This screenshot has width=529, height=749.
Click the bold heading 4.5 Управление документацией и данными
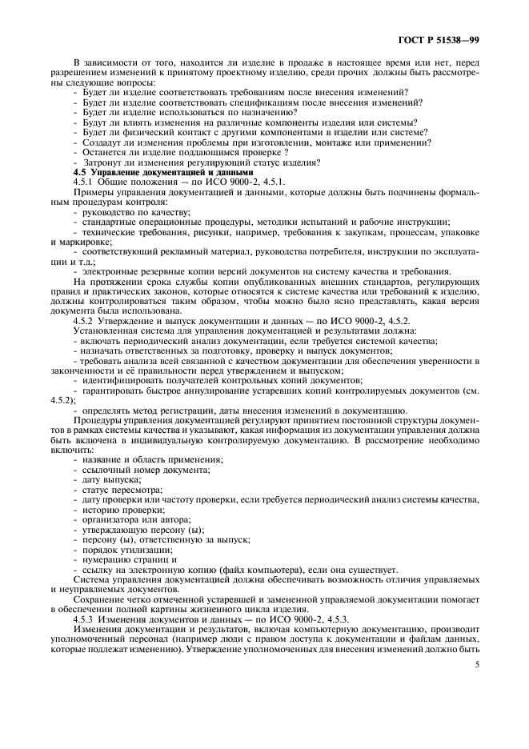[x=163, y=173]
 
